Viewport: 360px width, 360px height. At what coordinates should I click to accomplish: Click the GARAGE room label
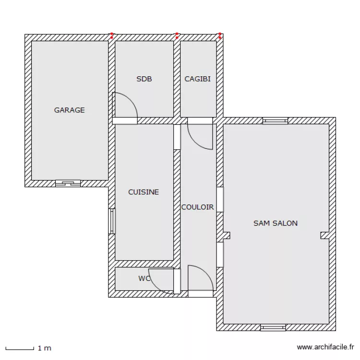pos(69,110)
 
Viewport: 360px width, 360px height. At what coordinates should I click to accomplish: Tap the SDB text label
pos(144,79)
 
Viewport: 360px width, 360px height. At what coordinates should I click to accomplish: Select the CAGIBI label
pos(197,79)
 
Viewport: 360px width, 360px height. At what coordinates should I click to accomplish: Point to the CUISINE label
pos(143,192)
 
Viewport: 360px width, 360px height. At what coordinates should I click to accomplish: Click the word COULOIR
pos(197,207)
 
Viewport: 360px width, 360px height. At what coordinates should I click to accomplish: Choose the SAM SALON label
pos(275,223)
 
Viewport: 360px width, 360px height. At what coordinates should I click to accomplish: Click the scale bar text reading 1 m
pos(44,348)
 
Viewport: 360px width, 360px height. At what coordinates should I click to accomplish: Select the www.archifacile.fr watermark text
pos(325,347)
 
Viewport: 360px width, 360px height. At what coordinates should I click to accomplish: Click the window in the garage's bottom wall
pos(68,183)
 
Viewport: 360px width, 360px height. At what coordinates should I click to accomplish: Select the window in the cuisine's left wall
pos(112,221)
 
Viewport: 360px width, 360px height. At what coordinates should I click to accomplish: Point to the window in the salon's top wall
pos(275,121)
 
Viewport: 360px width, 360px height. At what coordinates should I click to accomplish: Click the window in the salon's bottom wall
pos(273,328)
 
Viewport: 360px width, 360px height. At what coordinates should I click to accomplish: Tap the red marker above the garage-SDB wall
pos(112,35)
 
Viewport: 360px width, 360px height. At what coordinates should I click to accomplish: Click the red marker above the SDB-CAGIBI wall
pos(177,35)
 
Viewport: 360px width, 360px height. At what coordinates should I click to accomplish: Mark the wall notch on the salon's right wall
pos(325,235)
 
